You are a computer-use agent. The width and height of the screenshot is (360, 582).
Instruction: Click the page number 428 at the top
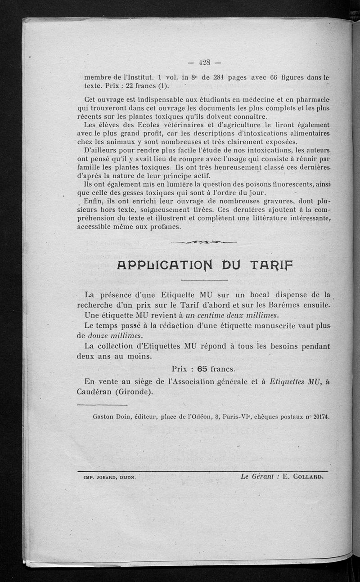pyautogui.click(x=205, y=63)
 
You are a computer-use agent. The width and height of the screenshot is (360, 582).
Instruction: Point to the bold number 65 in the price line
pyautogui.click(x=202, y=369)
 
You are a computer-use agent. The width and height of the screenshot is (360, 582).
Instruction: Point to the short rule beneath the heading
pyautogui.click(x=204, y=281)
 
